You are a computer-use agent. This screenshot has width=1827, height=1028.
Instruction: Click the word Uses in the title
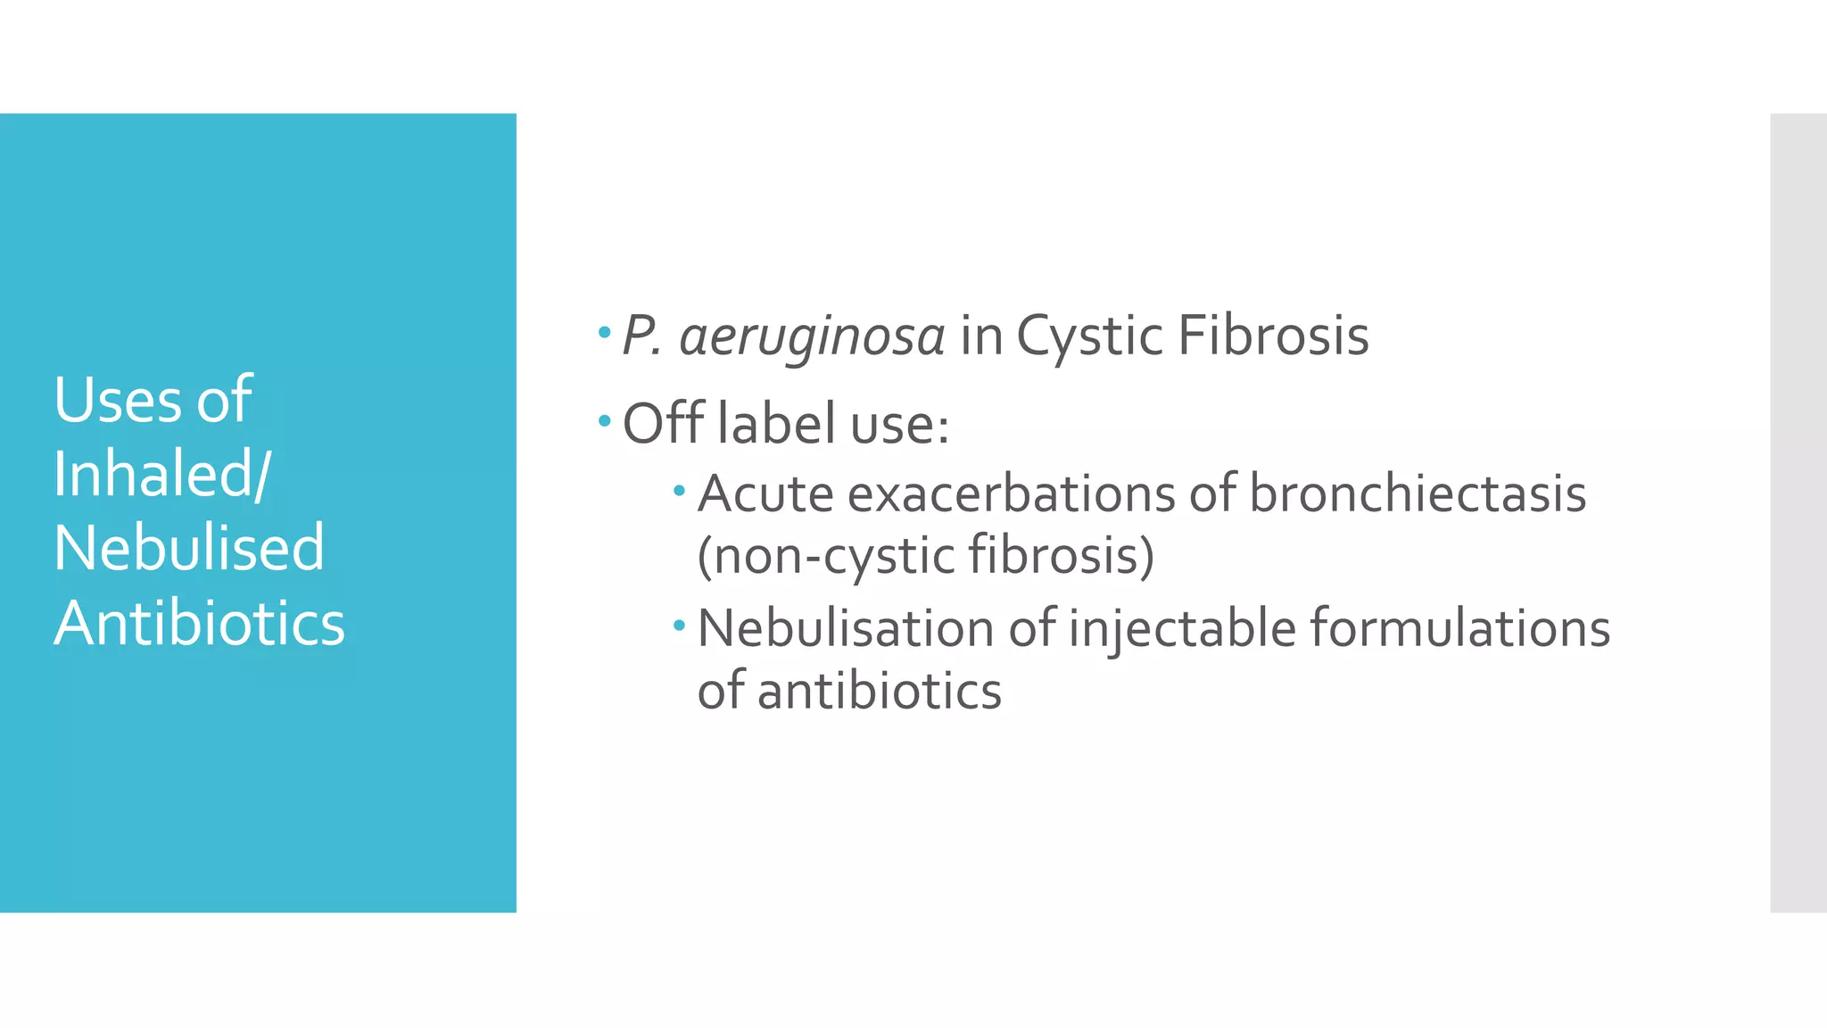click(117, 400)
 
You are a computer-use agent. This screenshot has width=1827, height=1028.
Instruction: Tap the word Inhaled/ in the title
click(161, 474)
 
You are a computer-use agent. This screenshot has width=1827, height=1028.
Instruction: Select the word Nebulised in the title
click(189, 548)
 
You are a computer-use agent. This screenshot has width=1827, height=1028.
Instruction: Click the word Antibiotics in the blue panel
click(199, 623)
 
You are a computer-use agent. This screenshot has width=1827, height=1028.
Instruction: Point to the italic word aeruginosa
click(812, 337)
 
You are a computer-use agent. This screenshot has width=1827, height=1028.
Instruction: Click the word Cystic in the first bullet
click(1089, 337)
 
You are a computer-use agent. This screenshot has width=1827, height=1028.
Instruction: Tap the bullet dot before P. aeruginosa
click(605, 333)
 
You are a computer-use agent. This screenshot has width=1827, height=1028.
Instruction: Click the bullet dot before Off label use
click(605, 419)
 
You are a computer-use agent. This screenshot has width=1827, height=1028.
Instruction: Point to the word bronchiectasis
click(1418, 493)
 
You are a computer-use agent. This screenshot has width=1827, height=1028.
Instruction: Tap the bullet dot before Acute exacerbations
click(680, 490)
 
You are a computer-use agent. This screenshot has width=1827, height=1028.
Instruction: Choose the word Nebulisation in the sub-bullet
click(846, 628)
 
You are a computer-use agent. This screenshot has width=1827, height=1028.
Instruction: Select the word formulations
click(1460, 628)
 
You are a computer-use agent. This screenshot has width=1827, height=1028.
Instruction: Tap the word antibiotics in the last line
click(880, 692)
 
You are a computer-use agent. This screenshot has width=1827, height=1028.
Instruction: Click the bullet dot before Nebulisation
click(680, 626)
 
